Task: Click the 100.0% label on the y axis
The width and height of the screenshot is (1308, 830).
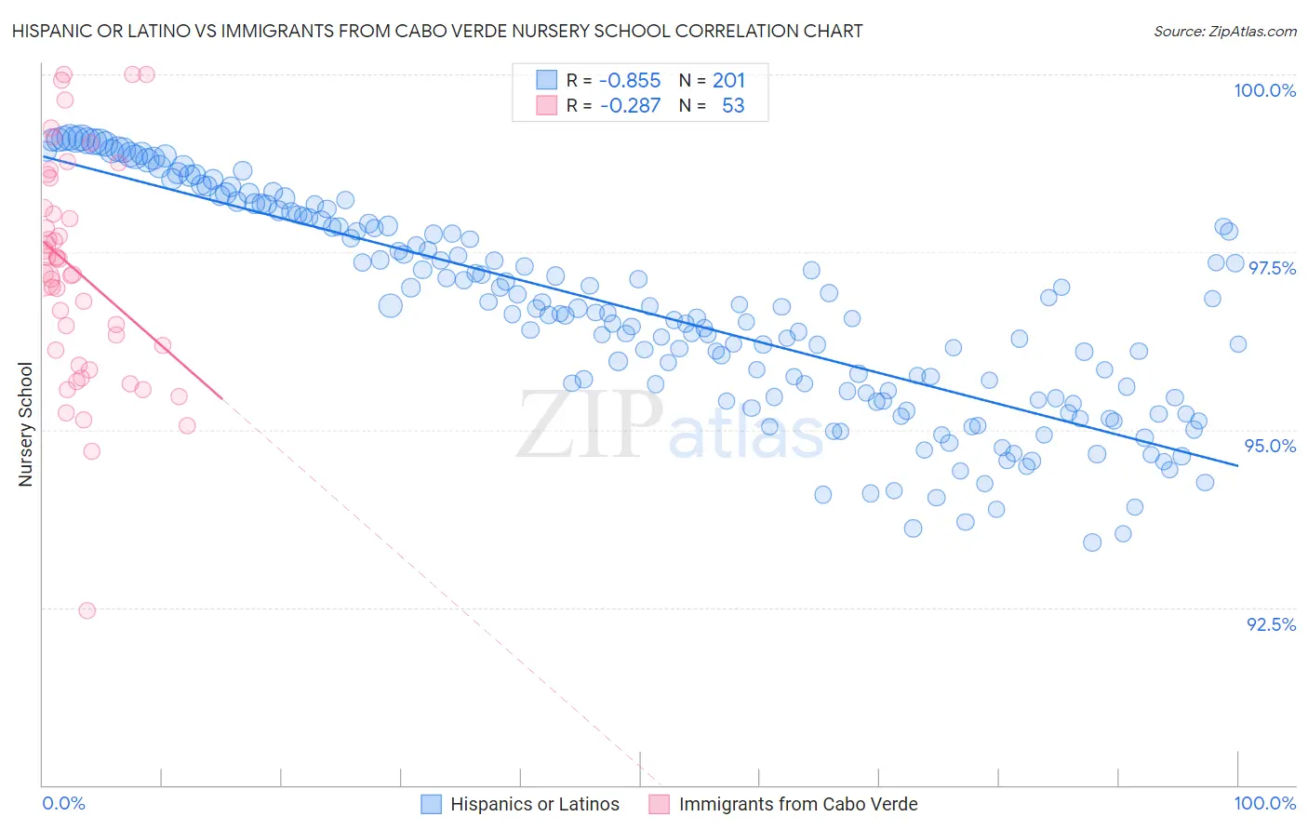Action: tap(1264, 90)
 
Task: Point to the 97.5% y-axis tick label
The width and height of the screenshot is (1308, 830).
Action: tap(1272, 268)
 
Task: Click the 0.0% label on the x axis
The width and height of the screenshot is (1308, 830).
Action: tap(63, 804)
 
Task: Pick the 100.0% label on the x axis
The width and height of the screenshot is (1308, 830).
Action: tap(1264, 804)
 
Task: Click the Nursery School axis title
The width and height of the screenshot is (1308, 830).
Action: tap(26, 424)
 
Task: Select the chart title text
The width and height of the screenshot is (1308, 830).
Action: tap(437, 31)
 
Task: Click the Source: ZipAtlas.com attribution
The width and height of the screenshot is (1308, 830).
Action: tap(1224, 31)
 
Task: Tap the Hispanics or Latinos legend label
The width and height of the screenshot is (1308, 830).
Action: tap(534, 805)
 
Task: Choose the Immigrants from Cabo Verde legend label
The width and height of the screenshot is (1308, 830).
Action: tap(798, 805)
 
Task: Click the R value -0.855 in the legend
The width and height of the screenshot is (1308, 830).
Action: tap(630, 81)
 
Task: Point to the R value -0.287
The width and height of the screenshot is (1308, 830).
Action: tap(630, 106)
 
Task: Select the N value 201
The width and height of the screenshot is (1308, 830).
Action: tap(728, 81)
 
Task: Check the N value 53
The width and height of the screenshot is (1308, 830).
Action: tap(733, 106)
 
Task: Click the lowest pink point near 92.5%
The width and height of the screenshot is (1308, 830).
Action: tap(87, 610)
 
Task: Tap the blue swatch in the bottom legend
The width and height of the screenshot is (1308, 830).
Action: tap(431, 805)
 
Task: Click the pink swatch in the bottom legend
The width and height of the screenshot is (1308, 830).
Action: tap(659, 805)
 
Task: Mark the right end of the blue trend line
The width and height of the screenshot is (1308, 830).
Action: tap(1238, 465)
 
